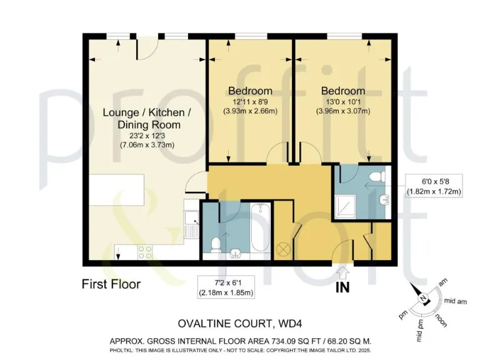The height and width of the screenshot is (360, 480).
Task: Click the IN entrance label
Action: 342,288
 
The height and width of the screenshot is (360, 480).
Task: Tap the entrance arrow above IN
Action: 342,273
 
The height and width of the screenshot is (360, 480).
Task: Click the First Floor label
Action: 111,284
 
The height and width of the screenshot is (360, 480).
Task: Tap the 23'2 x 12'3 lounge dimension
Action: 146,135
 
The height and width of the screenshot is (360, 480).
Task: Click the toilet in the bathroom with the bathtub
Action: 216,244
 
